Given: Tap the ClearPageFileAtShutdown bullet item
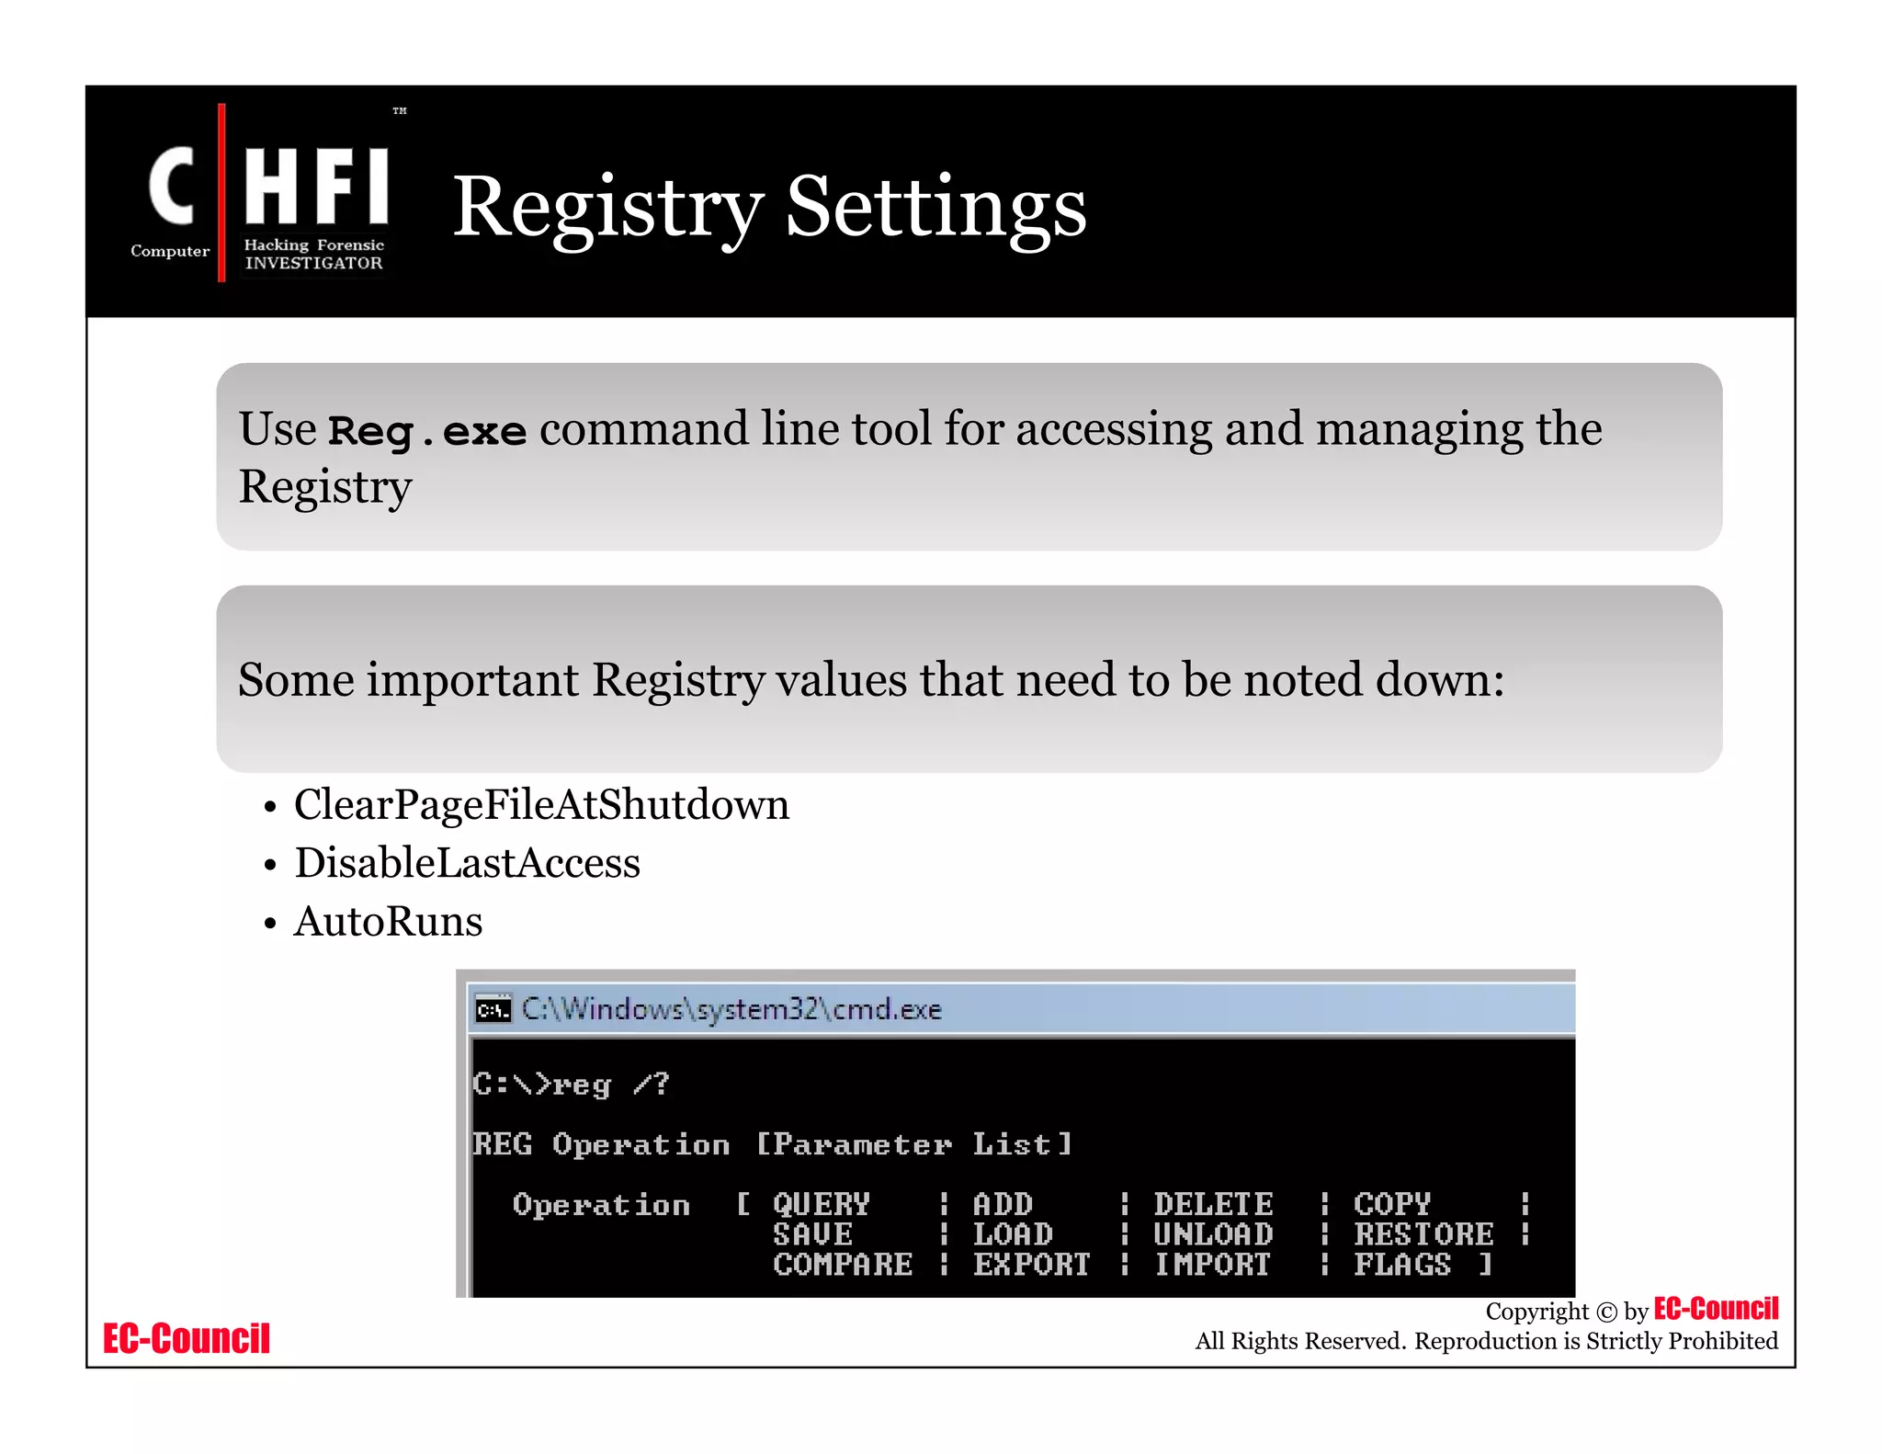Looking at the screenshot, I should click(x=541, y=805).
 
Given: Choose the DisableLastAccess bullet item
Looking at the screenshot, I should click(x=467, y=863).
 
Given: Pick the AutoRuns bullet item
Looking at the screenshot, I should click(x=388, y=922).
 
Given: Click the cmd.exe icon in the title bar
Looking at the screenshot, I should click(x=493, y=1010).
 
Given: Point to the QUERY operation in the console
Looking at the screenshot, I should click(x=821, y=1204).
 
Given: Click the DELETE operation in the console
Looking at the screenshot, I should click(x=1213, y=1204).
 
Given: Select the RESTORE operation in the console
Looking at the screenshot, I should click(x=1423, y=1234).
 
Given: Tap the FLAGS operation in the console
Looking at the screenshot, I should click(x=1402, y=1265).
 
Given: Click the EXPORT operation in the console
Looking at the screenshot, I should click(x=1031, y=1265).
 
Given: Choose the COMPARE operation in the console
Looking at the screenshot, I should click(x=843, y=1265).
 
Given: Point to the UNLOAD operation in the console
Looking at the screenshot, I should click(x=1213, y=1234).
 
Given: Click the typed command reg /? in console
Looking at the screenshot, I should click(x=609, y=1085).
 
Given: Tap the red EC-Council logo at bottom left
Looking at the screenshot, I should click(x=187, y=1339).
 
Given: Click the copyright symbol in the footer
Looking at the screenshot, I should click(x=1606, y=1312).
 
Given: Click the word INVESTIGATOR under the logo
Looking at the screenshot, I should click(x=313, y=263).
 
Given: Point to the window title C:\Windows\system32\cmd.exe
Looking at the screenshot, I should click(x=731, y=1010).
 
